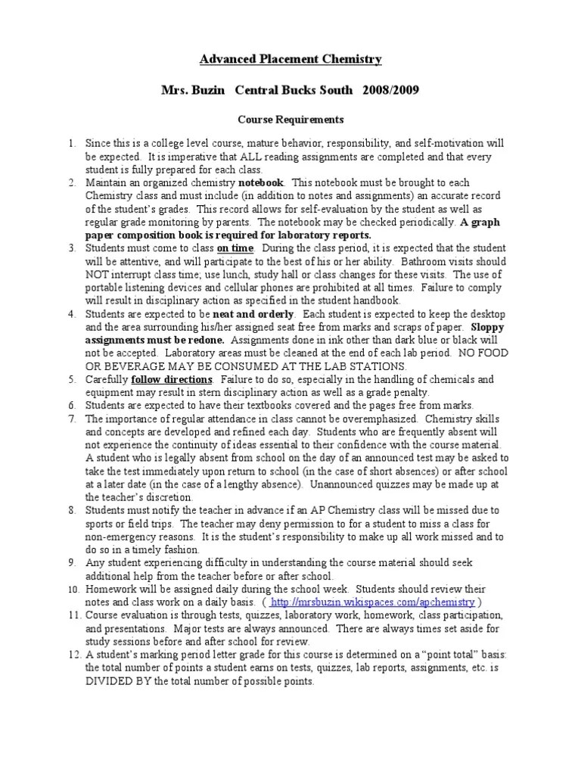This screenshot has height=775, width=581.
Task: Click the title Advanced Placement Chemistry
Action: [x=290, y=59]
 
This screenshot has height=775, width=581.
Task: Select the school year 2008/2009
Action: [x=389, y=90]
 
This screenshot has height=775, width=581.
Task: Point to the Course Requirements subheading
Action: [x=290, y=120]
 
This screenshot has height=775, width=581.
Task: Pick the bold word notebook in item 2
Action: [x=261, y=183]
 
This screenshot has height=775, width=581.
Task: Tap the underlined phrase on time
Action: [x=235, y=247]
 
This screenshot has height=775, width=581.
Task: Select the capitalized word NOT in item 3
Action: [x=98, y=274]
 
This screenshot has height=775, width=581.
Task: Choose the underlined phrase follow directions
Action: [x=172, y=378]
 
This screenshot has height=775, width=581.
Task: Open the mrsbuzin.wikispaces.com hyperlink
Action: [x=372, y=602]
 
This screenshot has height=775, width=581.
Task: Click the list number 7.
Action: [x=72, y=419]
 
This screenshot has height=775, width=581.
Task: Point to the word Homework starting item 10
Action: [x=110, y=589]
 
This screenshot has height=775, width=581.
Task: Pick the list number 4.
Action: [x=72, y=313]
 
